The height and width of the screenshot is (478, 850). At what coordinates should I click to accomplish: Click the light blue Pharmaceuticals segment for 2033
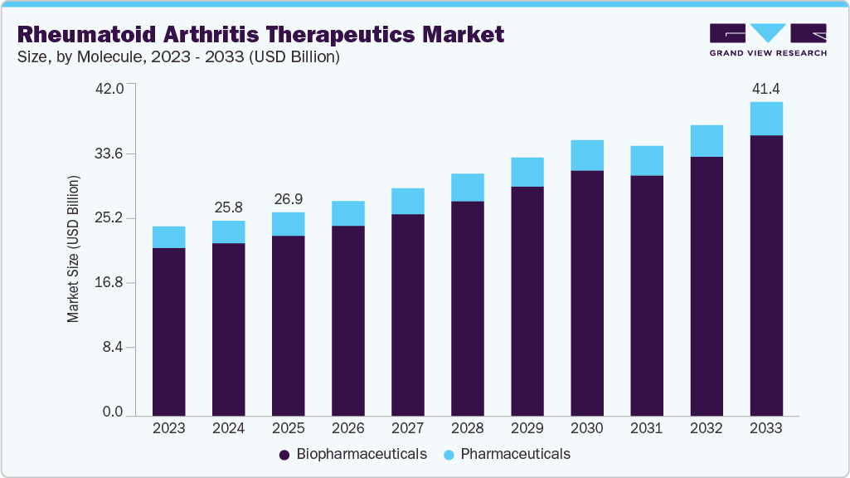click(766, 119)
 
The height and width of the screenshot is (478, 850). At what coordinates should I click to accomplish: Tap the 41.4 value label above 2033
click(766, 89)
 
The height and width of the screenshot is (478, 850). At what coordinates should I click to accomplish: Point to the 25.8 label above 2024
click(229, 207)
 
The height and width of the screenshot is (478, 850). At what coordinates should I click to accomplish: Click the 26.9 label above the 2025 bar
click(289, 199)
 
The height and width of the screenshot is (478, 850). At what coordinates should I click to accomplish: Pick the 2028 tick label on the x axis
click(468, 429)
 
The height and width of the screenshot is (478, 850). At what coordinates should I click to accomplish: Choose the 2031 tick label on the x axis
click(647, 429)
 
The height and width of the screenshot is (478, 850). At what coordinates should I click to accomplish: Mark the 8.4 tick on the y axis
click(112, 347)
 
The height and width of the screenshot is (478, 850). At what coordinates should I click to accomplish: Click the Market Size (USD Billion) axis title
click(73, 249)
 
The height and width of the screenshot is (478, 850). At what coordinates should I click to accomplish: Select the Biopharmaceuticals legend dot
click(284, 455)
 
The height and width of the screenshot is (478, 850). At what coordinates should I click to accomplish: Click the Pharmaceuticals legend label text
click(515, 454)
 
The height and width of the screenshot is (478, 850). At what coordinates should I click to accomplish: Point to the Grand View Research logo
click(767, 39)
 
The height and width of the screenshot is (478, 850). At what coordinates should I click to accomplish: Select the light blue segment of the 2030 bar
click(587, 155)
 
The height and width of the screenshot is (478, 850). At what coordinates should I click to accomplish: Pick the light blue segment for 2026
click(348, 213)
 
